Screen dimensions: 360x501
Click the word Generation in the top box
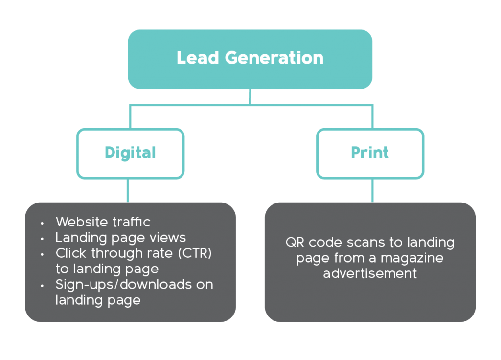(274, 58)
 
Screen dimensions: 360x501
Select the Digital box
(130, 153)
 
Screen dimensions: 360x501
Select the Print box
(370, 153)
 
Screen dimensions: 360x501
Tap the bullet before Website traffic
(42, 223)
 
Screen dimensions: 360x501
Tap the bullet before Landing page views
(42, 239)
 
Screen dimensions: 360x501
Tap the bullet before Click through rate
(42, 255)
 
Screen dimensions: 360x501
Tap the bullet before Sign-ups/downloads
(42, 286)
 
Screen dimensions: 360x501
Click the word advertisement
(370, 273)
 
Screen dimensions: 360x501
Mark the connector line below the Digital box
(128, 190)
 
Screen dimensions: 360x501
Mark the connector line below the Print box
(372, 190)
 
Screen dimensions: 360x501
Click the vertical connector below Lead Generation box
(250, 96)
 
